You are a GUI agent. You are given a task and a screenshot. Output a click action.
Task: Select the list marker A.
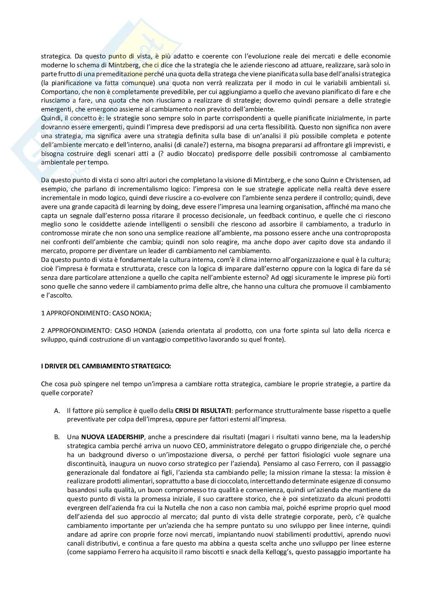pos(57,410)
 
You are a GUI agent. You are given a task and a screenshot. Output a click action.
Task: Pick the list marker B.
pos(57,437)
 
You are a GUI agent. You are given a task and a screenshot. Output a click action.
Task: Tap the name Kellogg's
pos(285,552)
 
